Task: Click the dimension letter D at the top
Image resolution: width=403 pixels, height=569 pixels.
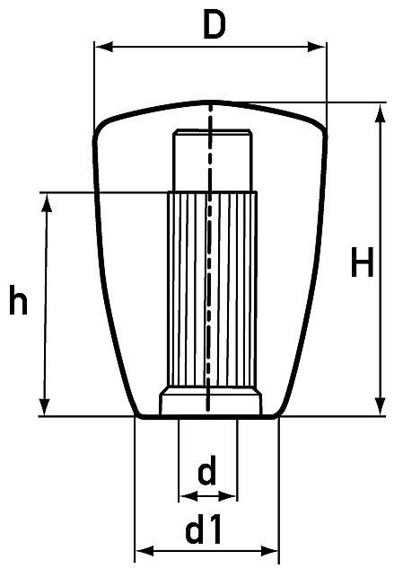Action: click(215, 24)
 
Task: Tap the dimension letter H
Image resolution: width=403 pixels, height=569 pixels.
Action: click(362, 262)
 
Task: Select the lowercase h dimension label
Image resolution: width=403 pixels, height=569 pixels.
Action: click(18, 299)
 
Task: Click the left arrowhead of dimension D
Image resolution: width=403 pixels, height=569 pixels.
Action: click(103, 47)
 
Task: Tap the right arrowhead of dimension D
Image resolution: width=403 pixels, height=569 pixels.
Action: click(317, 47)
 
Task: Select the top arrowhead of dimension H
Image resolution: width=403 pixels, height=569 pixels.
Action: click(380, 114)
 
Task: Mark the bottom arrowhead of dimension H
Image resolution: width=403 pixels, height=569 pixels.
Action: click(380, 406)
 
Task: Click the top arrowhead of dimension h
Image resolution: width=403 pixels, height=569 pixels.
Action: click(47, 202)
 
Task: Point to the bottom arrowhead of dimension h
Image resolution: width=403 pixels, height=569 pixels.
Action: click(44, 407)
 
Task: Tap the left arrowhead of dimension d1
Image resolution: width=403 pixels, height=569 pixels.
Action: click(145, 551)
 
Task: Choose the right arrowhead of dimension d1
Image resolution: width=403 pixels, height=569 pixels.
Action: click(269, 551)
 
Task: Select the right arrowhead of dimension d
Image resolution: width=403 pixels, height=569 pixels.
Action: click(228, 496)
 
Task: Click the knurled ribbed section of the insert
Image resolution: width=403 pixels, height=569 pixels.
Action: click(212, 289)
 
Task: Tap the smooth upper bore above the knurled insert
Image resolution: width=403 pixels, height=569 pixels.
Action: click(212, 160)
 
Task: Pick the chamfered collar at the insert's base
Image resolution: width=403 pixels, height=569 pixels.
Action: click(211, 401)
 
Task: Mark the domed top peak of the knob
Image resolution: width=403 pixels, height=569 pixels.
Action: click(211, 102)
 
